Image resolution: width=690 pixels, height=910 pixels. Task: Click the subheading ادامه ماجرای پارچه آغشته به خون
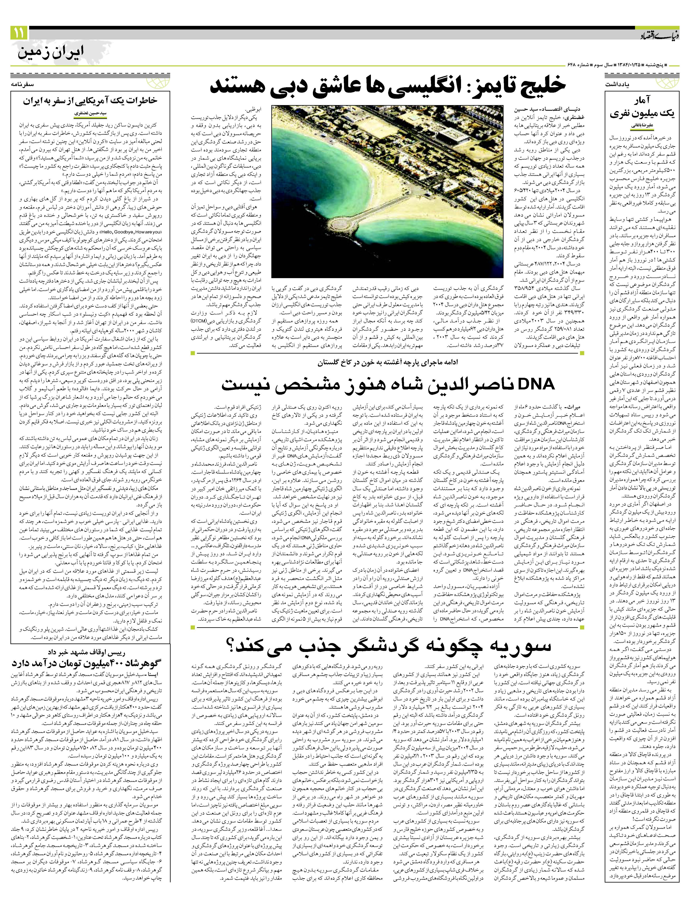click(x=387, y=362)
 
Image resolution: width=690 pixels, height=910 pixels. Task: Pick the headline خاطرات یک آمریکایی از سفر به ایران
click(x=90, y=100)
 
